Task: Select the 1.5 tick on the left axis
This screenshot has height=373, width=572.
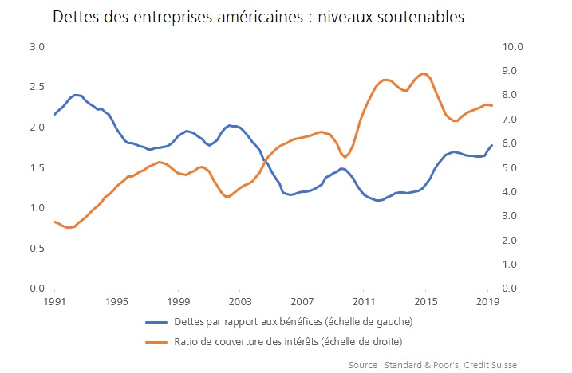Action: pos(37,167)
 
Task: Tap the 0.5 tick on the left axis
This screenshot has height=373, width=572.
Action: pos(37,248)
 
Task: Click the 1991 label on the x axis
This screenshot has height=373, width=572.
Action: pos(55,302)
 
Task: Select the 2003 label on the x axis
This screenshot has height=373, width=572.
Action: pos(240,302)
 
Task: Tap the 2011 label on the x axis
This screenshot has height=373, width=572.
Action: pos(364,302)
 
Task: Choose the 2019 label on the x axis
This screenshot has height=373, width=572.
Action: pos(487,302)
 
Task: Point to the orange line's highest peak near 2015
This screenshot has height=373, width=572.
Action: pos(424,73)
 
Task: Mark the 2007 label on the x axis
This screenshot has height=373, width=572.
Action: pos(302,302)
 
